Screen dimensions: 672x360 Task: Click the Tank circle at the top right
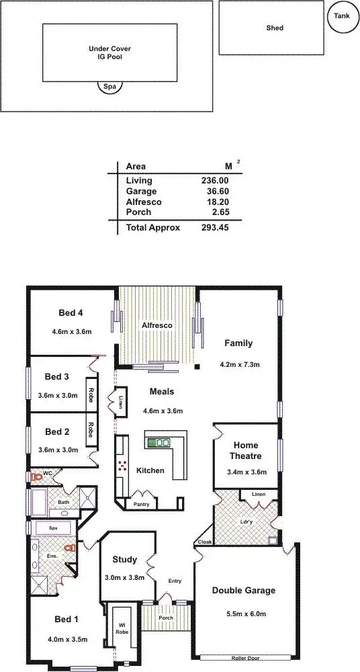(343, 17)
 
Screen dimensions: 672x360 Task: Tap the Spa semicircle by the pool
(109, 86)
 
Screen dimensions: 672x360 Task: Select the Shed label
(275, 28)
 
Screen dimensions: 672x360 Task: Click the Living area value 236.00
(214, 180)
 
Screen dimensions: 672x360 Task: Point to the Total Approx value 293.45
(214, 228)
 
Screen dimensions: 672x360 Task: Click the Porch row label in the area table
(138, 212)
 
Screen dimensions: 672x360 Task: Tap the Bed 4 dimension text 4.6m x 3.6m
(71, 331)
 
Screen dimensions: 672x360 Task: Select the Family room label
(238, 343)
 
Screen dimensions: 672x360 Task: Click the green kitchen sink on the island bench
(159, 442)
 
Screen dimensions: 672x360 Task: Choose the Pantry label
(142, 503)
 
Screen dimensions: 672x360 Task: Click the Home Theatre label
(245, 450)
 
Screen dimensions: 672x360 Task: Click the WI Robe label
(122, 628)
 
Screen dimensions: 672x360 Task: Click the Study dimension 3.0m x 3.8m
(125, 577)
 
